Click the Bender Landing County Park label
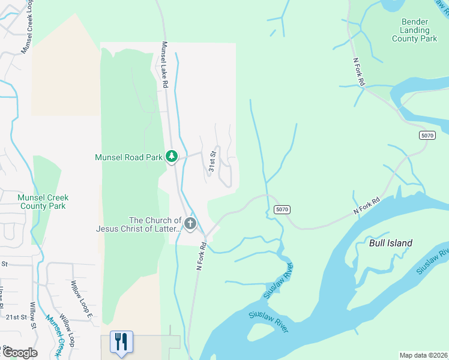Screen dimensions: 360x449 [414, 30]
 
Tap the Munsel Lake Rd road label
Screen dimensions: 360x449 [163, 65]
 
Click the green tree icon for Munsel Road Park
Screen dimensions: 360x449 [172, 157]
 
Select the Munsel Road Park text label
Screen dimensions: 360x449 [128, 157]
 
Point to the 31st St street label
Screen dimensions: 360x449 [212, 161]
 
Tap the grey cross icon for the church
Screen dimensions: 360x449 [190, 224]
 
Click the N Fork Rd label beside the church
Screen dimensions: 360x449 [202, 256]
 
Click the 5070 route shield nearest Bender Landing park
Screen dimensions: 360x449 [427, 136]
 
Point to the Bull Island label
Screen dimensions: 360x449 [391, 243]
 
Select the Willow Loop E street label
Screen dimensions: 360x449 [82, 298]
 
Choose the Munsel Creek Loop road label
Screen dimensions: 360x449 [28, 27]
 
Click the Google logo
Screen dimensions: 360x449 [19, 353]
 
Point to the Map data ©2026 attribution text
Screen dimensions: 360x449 [424, 355]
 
